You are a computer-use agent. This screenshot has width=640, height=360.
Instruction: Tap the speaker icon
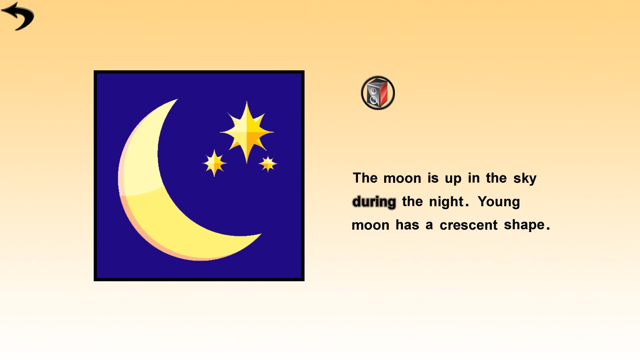[378, 93]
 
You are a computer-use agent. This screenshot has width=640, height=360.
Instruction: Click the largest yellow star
[247, 132]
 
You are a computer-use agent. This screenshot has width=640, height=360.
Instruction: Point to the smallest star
[268, 164]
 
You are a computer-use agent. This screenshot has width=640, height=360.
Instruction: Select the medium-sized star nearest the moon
[215, 163]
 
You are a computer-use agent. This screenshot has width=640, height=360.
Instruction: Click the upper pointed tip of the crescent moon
[177, 99]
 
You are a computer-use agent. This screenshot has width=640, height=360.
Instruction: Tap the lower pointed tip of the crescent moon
[261, 234]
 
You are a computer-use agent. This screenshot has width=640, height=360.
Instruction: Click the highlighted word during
[374, 202]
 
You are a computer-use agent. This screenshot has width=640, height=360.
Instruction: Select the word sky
[525, 179]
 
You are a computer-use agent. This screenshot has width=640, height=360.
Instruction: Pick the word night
[447, 202]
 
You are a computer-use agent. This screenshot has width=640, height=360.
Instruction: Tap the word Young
[499, 202]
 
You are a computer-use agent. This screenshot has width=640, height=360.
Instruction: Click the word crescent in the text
[469, 225]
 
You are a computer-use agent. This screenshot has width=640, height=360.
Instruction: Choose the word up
[453, 179]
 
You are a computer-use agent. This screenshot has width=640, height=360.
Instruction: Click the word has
[408, 225]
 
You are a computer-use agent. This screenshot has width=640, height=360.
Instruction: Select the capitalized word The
[365, 178]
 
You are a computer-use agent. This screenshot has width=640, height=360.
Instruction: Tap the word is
[433, 178]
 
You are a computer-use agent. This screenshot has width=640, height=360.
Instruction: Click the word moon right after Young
[371, 225]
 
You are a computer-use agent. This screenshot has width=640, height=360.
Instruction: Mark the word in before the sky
[474, 178]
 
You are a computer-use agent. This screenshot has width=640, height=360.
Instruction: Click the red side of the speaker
[384, 93]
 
